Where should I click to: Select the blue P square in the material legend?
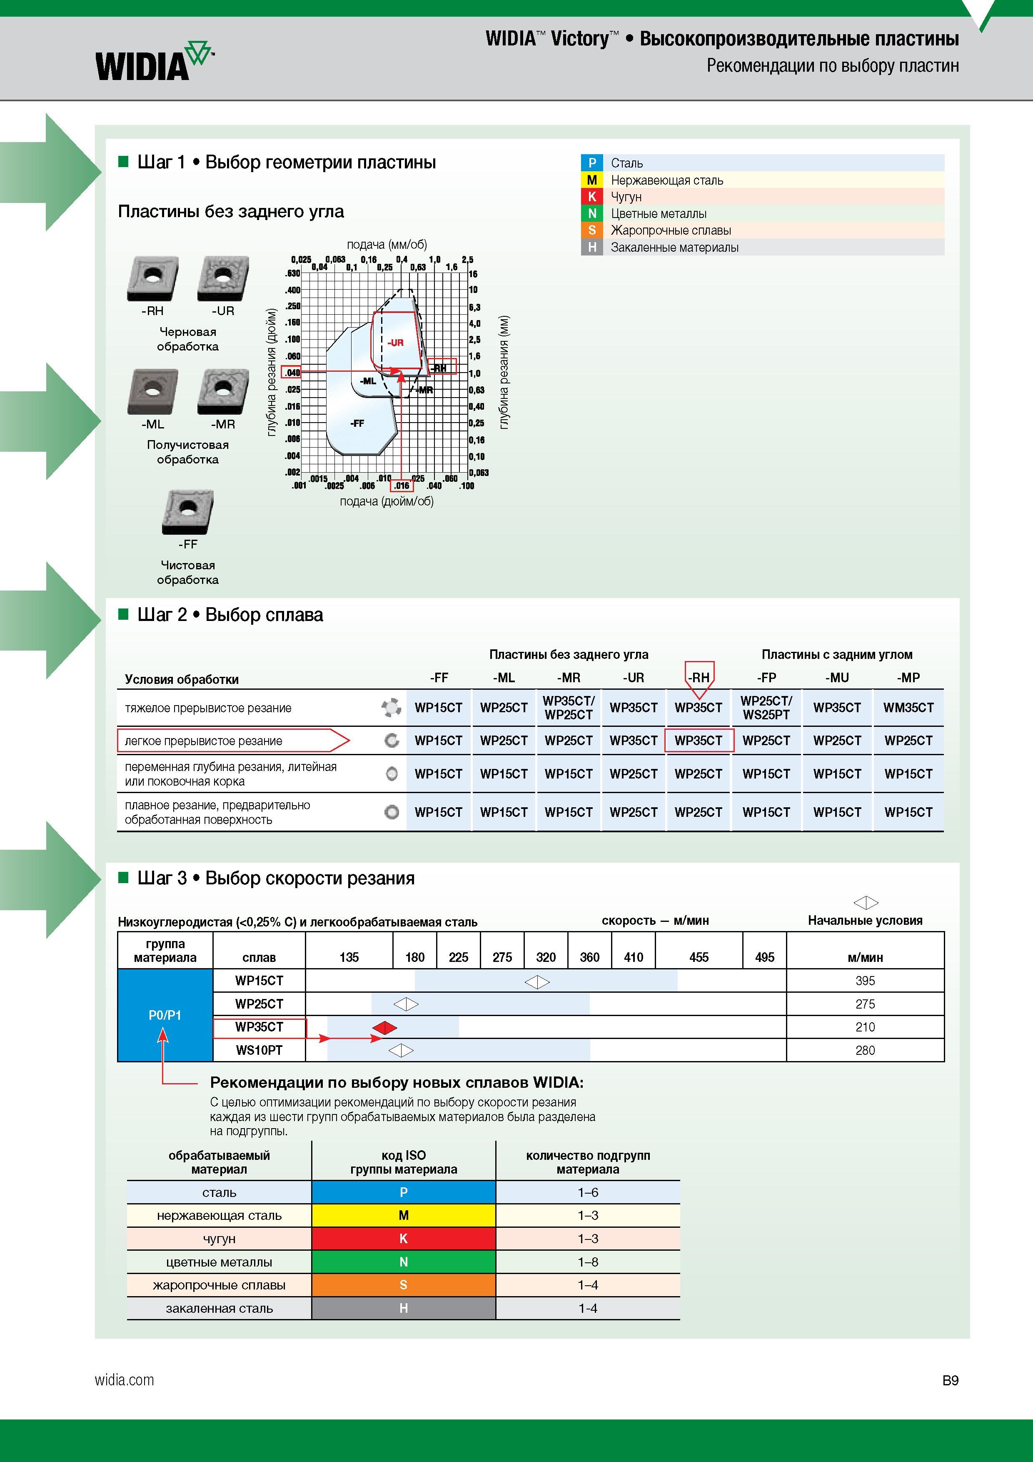591,163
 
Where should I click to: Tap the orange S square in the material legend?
591,230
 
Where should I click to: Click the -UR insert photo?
223,279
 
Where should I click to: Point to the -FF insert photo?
188,512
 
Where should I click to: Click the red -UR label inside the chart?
395,343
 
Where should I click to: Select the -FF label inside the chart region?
357,423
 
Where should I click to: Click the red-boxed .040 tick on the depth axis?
292,373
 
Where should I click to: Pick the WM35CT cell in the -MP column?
908,707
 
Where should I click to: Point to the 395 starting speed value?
865,981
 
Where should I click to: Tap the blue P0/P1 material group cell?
165,1015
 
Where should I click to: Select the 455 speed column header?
699,957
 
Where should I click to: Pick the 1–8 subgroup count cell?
587,1262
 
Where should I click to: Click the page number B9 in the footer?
950,1380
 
